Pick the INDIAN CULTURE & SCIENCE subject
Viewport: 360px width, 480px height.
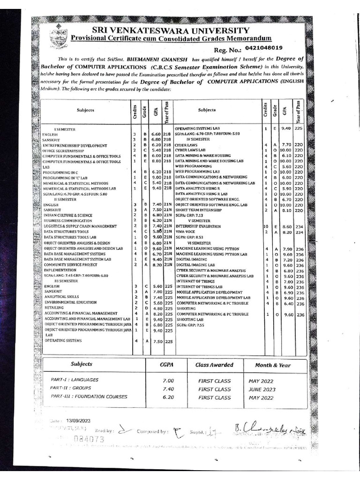68,216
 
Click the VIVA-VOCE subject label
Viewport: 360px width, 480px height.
186,232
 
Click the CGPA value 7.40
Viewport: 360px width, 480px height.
168,389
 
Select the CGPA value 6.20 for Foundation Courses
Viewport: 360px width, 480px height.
168,397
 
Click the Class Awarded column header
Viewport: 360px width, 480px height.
214,365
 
